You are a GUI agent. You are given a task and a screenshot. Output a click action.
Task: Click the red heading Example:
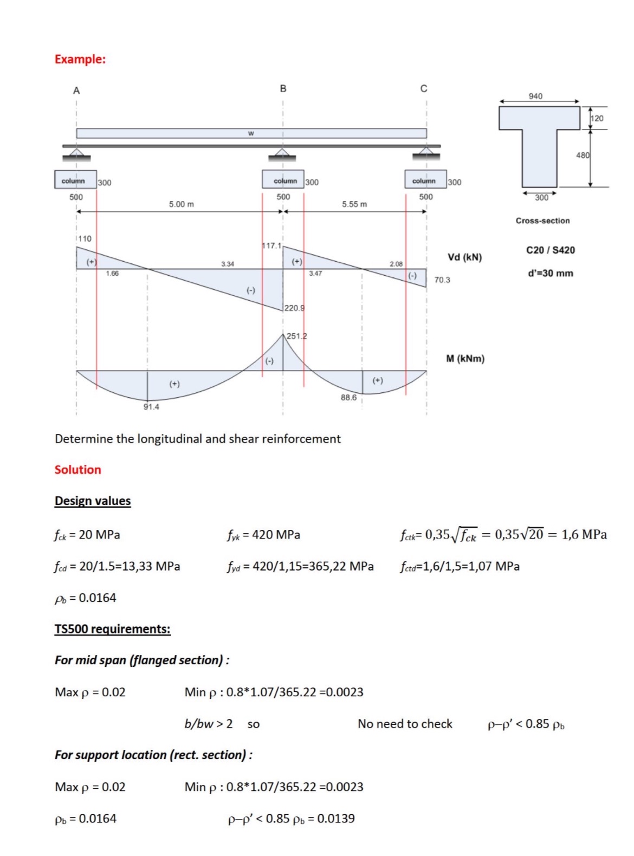(x=80, y=59)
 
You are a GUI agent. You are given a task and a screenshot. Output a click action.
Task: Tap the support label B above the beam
(x=283, y=88)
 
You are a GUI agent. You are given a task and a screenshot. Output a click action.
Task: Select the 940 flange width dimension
(x=535, y=96)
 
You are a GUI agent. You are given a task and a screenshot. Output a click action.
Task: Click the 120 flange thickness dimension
(x=597, y=118)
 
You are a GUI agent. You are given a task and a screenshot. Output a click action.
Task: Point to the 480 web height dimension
(x=583, y=155)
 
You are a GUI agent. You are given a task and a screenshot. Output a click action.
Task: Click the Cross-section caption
(x=542, y=221)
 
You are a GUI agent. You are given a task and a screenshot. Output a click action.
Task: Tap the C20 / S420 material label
(x=550, y=250)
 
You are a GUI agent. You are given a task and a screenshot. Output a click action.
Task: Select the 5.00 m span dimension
(x=181, y=204)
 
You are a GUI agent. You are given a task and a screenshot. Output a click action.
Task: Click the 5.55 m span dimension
(x=354, y=204)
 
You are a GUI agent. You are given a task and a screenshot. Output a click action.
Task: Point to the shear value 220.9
(x=294, y=308)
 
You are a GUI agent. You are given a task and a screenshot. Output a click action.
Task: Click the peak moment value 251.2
(x=296, y=336)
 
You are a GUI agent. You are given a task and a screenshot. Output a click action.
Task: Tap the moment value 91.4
(x=151, y=407)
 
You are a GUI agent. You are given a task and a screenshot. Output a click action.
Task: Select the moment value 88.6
(x=348, y=397)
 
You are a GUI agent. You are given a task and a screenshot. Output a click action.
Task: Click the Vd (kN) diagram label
(x=464, y=257)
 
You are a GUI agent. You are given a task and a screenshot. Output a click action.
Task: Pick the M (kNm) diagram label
(x=465, y=359)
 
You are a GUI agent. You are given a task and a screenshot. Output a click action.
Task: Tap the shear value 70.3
(x=442, y=280)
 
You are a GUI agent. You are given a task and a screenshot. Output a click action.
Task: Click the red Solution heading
(x=77, y=470)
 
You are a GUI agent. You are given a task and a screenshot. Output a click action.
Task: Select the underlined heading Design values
(x=93, y=501)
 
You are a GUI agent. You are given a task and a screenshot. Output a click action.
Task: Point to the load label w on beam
(x=250, y=133)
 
